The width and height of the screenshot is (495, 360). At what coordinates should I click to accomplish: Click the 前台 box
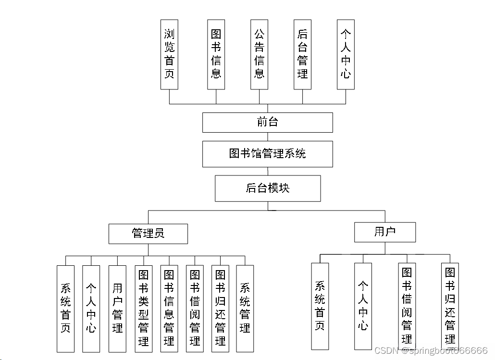[267, 122]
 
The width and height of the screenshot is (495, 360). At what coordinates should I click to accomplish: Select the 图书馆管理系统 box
[267, 154]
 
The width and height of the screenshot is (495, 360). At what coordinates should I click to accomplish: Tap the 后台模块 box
[267, 188]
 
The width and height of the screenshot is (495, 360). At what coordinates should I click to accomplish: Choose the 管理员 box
[148, 234]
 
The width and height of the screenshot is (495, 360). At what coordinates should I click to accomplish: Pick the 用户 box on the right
[384, 232]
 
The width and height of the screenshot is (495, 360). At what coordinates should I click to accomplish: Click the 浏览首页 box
[169, 54]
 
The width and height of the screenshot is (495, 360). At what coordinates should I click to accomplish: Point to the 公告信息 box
[259, 54]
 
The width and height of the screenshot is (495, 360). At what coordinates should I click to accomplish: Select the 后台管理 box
[302, 54]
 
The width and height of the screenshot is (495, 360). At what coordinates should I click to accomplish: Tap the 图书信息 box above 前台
[216, 54]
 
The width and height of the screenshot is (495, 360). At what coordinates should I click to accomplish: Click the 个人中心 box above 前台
[346, 54]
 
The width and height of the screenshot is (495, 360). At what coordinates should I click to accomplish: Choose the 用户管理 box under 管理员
[117, 309]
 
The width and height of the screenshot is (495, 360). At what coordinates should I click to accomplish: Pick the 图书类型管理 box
[143, 309]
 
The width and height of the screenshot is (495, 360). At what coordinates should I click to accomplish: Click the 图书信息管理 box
[169, 309]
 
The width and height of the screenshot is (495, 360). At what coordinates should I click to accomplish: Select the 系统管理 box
[245, 309]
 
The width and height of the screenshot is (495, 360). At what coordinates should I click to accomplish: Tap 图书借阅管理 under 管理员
[195, 309]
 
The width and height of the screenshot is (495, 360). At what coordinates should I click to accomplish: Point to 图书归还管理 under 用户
[450, 306]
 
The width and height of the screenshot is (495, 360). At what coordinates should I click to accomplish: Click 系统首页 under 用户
[320, 306]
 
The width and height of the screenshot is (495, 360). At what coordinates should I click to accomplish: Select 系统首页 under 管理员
[65, 309]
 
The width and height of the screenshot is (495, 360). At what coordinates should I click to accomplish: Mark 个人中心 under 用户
[363, 306]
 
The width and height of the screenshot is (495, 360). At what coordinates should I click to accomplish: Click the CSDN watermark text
[431, 350]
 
